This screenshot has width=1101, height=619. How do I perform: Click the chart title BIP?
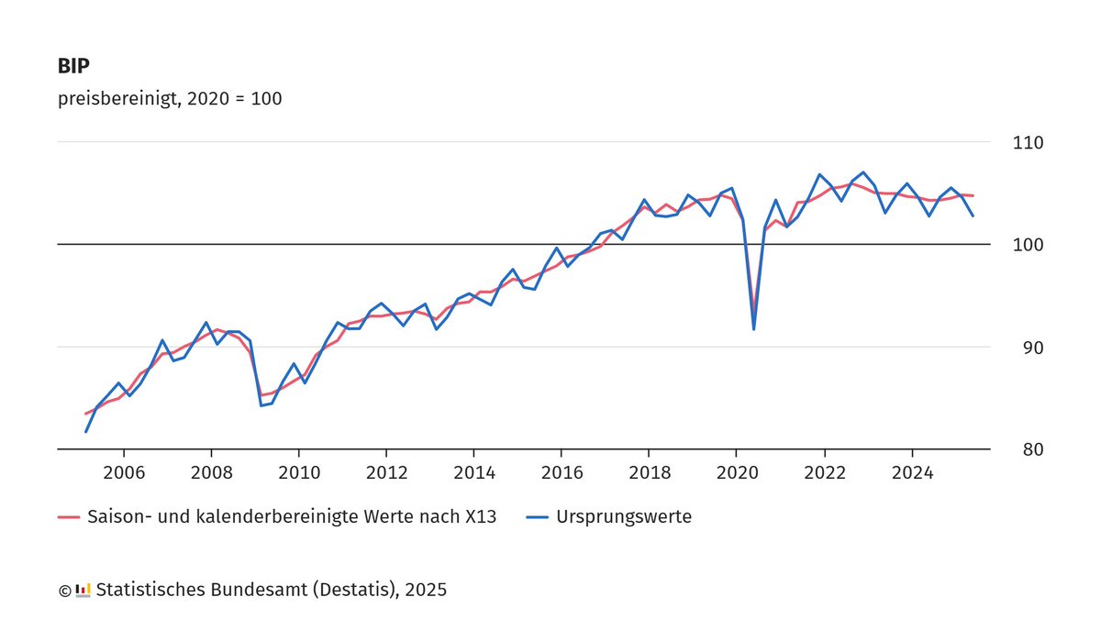click(74, 67)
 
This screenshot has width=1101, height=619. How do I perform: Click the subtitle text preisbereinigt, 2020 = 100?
click(170, 99)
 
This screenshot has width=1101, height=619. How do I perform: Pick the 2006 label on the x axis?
click(123, 473)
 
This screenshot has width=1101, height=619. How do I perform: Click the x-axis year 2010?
click(298, 473)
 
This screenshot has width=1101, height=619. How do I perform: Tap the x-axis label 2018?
click(649, 473)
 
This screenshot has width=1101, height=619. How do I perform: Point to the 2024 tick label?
click(912, 473)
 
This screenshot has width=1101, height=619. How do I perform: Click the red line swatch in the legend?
click(69, 517)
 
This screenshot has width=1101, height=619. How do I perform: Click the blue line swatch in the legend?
click(539, 517)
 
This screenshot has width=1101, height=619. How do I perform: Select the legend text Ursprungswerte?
click(624, 517)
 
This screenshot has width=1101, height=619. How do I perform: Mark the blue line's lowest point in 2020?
click(754, 329)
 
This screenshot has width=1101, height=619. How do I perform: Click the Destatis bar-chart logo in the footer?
click(83, 590)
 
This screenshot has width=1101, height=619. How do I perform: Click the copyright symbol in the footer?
click(64, 591)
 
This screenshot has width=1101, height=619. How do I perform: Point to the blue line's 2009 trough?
click(261, 405)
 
